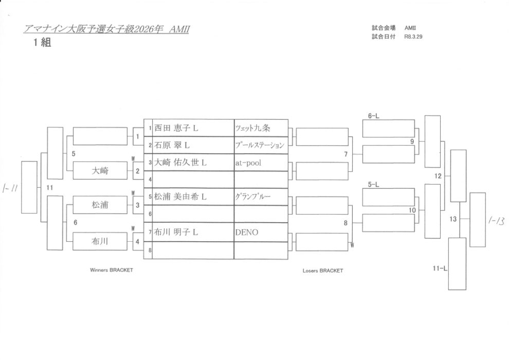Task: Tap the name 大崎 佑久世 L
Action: (180, 163)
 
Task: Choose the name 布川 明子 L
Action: (176, 232)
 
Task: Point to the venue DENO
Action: (247, 232)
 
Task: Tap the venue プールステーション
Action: (260, 145)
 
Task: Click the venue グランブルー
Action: (252, 197)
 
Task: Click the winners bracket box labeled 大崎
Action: (100, 170)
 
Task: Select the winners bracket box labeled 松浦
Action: (100, 205)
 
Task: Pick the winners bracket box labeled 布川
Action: (100, 241)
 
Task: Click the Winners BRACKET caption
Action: (111, 269)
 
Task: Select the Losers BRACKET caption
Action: (322, 271)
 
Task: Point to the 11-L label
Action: (440, 268)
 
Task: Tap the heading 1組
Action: (42, 43)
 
